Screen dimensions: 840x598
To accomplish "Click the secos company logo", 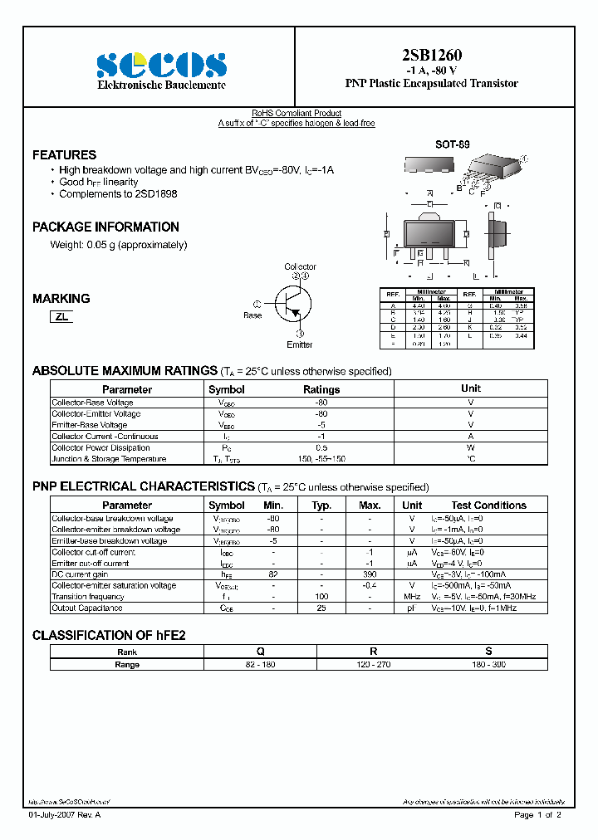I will [161, 65].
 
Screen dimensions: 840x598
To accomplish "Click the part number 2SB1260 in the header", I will [431, 56].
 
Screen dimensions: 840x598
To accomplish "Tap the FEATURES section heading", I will [64, 155].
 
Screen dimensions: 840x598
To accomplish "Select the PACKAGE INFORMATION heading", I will [105, 227].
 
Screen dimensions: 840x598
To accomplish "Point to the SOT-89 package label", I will [452, 144].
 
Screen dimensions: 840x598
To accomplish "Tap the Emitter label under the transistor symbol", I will [300, 344].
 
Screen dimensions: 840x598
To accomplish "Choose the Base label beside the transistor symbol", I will [252, 315].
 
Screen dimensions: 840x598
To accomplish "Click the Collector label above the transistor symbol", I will [300, 266].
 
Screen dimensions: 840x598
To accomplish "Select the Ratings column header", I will [321, 389].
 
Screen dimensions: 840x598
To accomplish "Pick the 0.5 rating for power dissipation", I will [321, 447].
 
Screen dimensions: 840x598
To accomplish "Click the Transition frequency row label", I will [88, 597].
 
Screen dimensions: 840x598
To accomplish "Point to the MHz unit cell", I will [412, 597].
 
